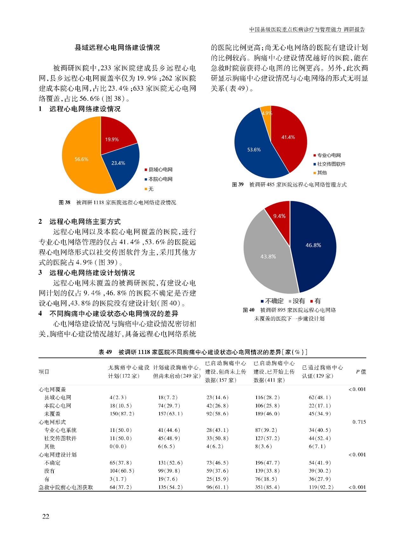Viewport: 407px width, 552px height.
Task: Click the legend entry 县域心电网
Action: coord(160,170)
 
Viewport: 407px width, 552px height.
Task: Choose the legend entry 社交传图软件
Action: coord(331,164)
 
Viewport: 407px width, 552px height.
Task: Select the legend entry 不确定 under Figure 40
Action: coord(274,301)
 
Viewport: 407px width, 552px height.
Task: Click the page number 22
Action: coord(46,516)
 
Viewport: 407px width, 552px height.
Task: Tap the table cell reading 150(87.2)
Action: coord(122,414)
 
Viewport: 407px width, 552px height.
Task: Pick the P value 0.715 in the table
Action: coord(359,422)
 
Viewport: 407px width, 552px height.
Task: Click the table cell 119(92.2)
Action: coord(321,487)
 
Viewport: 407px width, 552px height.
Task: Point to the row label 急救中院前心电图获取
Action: coord(66,487)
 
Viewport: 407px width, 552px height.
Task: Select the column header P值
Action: coord(361,371)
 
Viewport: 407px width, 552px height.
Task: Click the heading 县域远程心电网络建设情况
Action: coord(117,48)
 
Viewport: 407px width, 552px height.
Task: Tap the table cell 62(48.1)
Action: coord(320,397)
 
